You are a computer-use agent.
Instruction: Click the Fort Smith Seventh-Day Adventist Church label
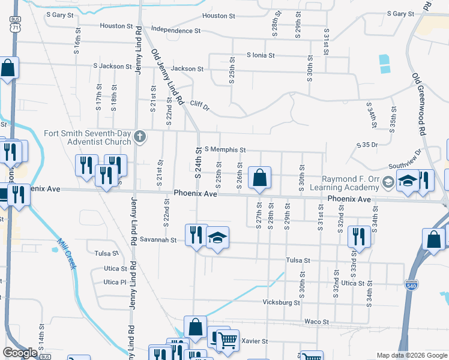[88, 137]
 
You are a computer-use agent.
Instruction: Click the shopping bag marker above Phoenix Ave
[259, 179]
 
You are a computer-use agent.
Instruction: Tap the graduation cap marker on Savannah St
[217, 238]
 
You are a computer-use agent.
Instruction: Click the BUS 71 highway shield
[16, 25]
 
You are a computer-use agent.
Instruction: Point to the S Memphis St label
[225, 149]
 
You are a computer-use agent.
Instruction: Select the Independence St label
[176, 29]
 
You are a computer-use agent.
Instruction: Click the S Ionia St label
[260, 55]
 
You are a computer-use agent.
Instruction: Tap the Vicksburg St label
[281, 302]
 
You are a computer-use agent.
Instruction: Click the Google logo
[20, 353]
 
